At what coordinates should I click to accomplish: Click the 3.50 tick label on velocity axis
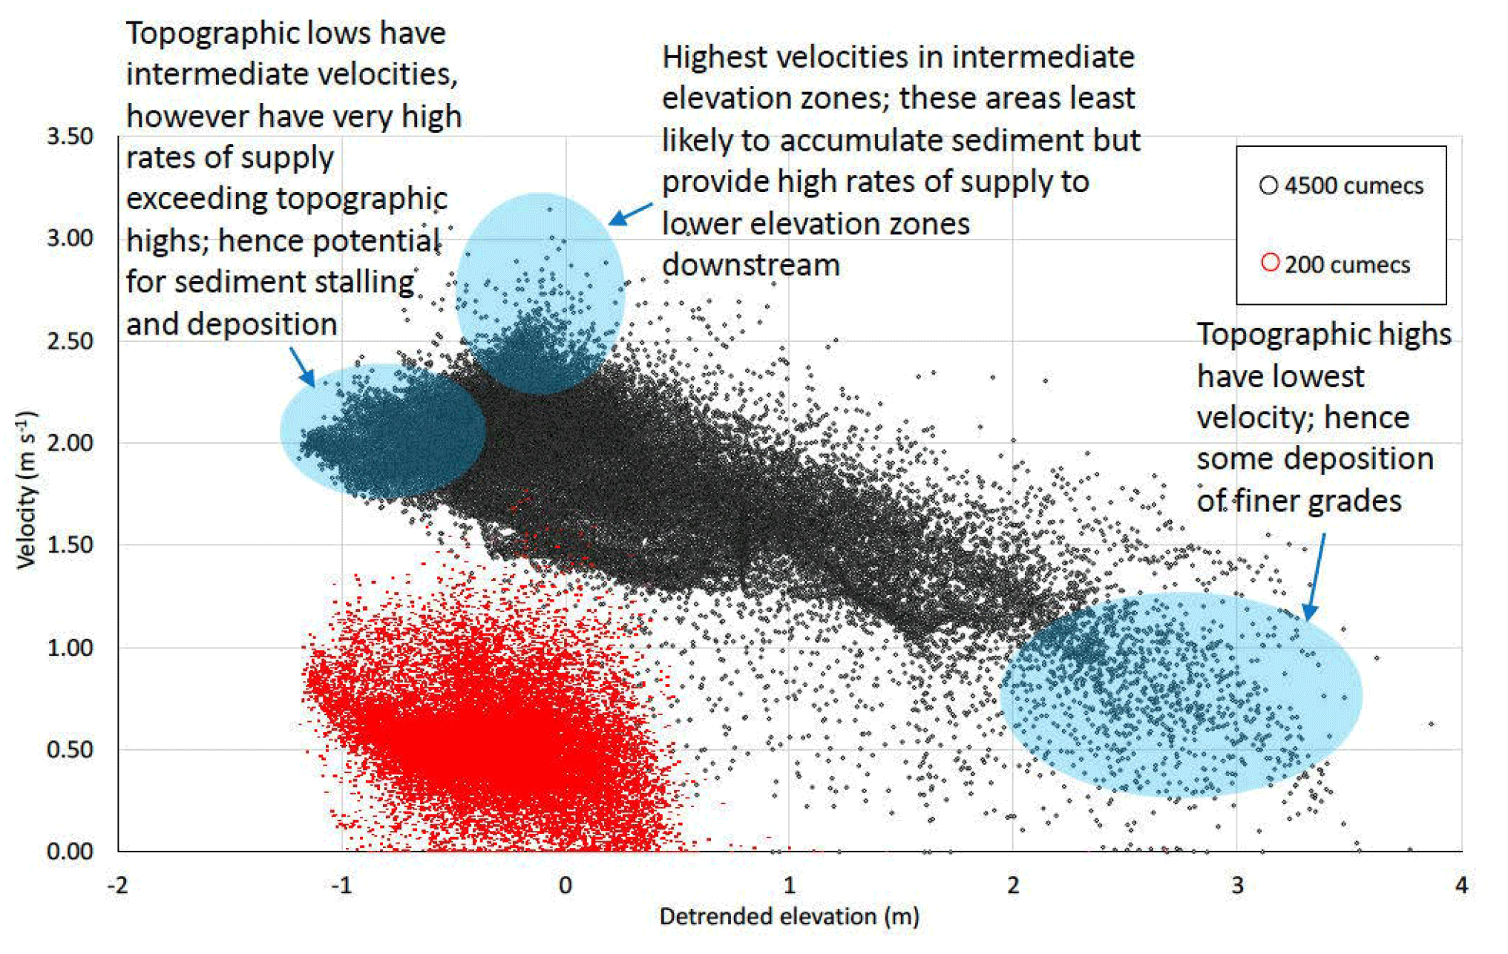[x=70, y=137]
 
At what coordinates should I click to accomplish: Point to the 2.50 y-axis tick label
[x=70, y=341]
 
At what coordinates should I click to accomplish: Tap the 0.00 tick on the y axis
[x=70, y=851]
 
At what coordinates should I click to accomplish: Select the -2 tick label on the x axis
[x=117, y=886]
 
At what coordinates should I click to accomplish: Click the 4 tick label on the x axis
[x=1461, y=886]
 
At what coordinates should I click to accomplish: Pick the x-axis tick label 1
[x=789, y=886]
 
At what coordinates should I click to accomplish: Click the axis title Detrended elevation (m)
[x=789, y=917]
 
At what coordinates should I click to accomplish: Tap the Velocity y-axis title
[x=27, y=490]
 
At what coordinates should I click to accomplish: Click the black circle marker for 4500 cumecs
[x=1268, y=185]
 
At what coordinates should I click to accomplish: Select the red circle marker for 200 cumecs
[x=1270, y=263]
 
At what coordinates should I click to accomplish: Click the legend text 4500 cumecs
[x=1354, y=186]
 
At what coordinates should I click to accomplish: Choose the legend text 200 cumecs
[x=1347, y=265]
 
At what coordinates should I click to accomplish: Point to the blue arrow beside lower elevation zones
[x=630, y=214]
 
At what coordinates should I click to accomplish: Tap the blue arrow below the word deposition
[x=302, y=367]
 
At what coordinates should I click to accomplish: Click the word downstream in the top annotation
[x=750, y=265]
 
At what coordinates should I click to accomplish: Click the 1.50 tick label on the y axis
[x=70, y=545]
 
